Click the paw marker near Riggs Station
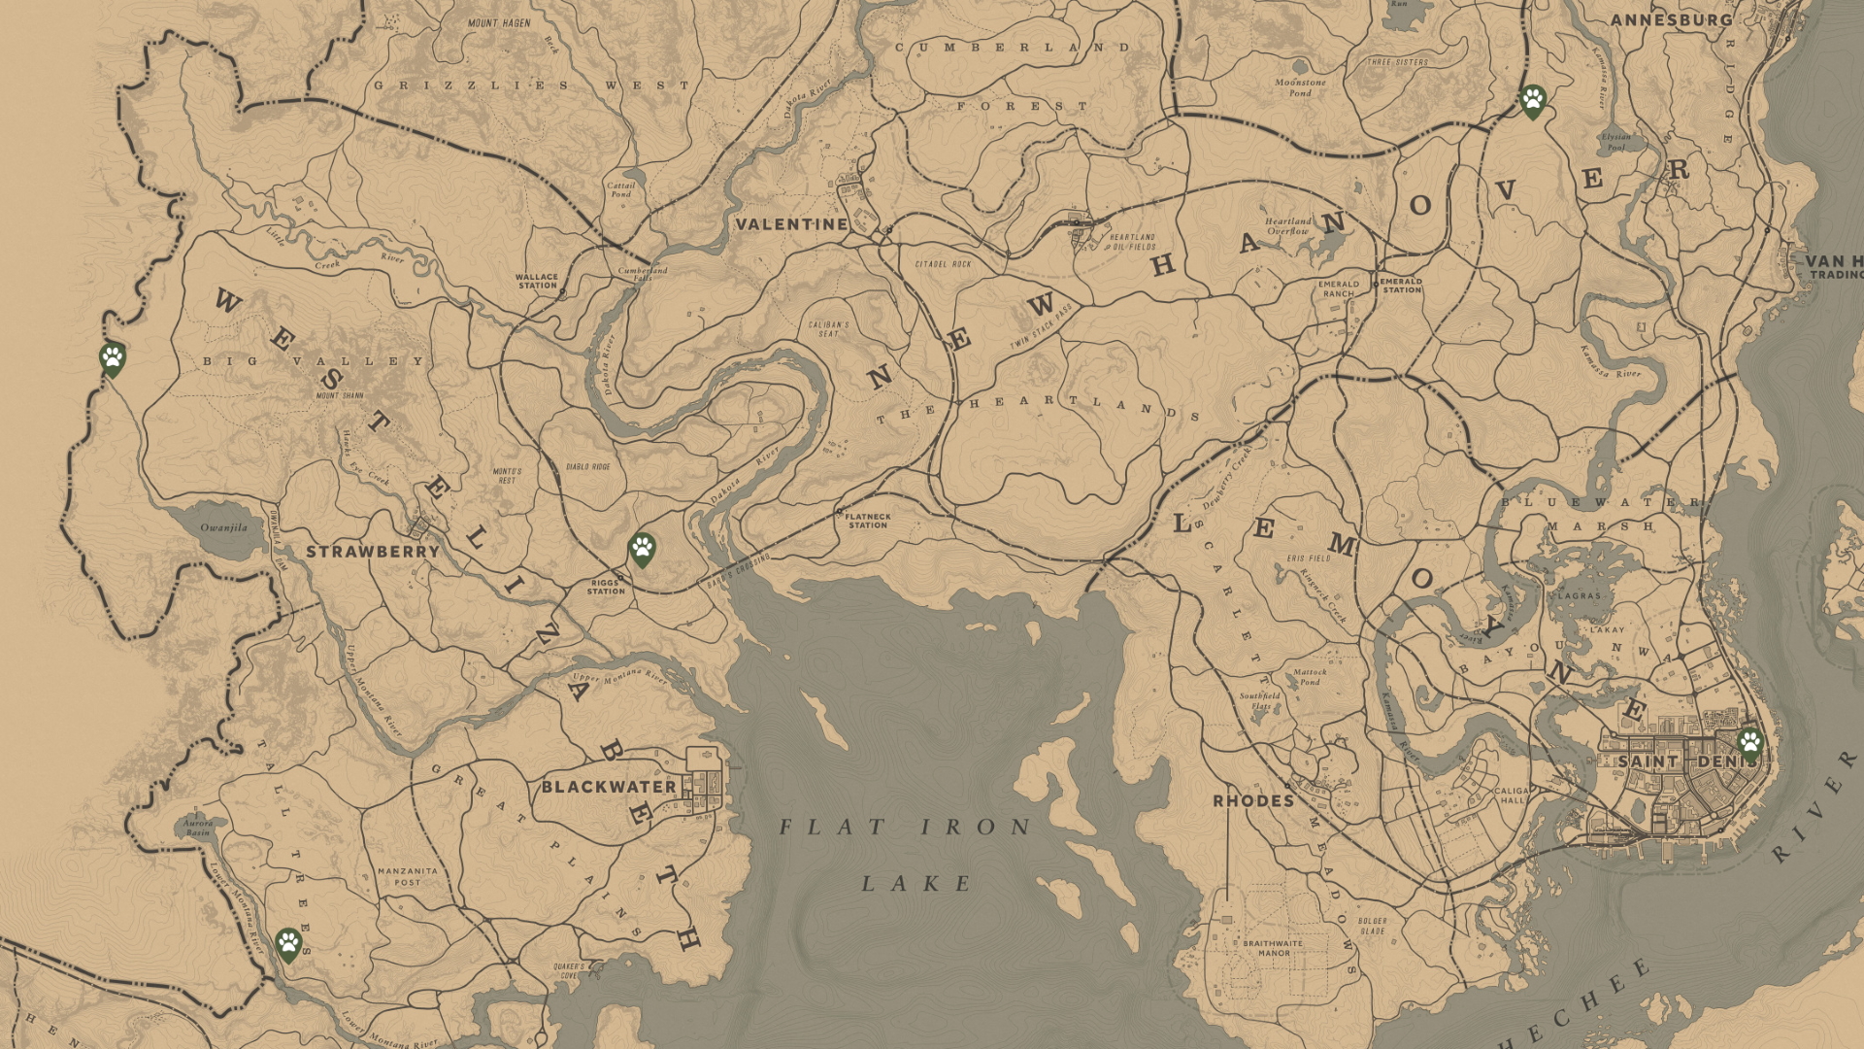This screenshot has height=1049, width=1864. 642,549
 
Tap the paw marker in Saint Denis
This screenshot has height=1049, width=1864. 1749,744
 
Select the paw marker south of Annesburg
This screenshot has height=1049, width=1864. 1533,99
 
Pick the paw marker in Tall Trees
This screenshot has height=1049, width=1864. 288,942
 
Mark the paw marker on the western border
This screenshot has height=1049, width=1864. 113,358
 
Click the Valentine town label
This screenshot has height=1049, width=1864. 791,224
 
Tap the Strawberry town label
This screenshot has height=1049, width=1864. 373,552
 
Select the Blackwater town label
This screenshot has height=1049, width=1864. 609,787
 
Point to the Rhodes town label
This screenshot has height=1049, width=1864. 1253,801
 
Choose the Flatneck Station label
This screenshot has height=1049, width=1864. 868,522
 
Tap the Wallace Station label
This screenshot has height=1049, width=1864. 537,281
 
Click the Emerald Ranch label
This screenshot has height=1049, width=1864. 1338,288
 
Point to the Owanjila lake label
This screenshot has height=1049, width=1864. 224,528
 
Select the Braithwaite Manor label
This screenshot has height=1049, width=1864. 1273,948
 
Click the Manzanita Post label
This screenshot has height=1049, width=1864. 407,876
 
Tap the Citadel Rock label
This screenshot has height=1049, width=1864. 943,264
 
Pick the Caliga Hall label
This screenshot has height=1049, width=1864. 1512,795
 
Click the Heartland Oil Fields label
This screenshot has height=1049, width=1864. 1133,242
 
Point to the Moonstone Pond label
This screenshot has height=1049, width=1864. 1300,87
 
